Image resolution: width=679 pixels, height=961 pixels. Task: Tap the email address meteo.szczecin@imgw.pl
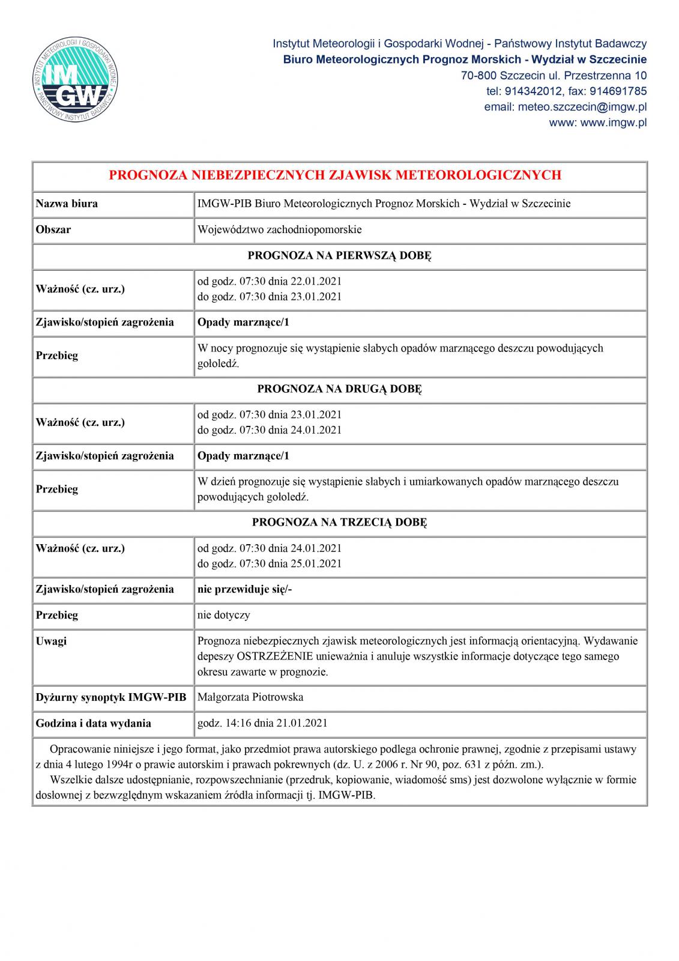565,107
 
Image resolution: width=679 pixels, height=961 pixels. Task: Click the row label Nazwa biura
67,204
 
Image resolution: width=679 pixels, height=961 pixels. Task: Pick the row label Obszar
53,229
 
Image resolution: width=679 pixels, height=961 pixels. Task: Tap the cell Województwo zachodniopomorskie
279,229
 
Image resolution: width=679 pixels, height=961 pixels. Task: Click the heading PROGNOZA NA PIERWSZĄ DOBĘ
339,256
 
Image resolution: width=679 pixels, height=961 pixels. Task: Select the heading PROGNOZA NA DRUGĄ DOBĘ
339,389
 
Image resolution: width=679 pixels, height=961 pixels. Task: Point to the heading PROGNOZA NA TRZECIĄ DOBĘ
339,522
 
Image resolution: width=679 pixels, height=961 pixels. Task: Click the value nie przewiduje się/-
244,589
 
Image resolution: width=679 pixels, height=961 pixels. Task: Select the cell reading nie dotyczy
223,615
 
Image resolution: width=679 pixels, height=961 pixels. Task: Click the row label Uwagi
52,641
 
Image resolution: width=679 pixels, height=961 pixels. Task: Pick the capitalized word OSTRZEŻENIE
274,656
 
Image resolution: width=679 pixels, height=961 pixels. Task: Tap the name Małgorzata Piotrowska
250,697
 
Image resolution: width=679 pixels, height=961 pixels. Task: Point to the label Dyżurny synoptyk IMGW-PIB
111,697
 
